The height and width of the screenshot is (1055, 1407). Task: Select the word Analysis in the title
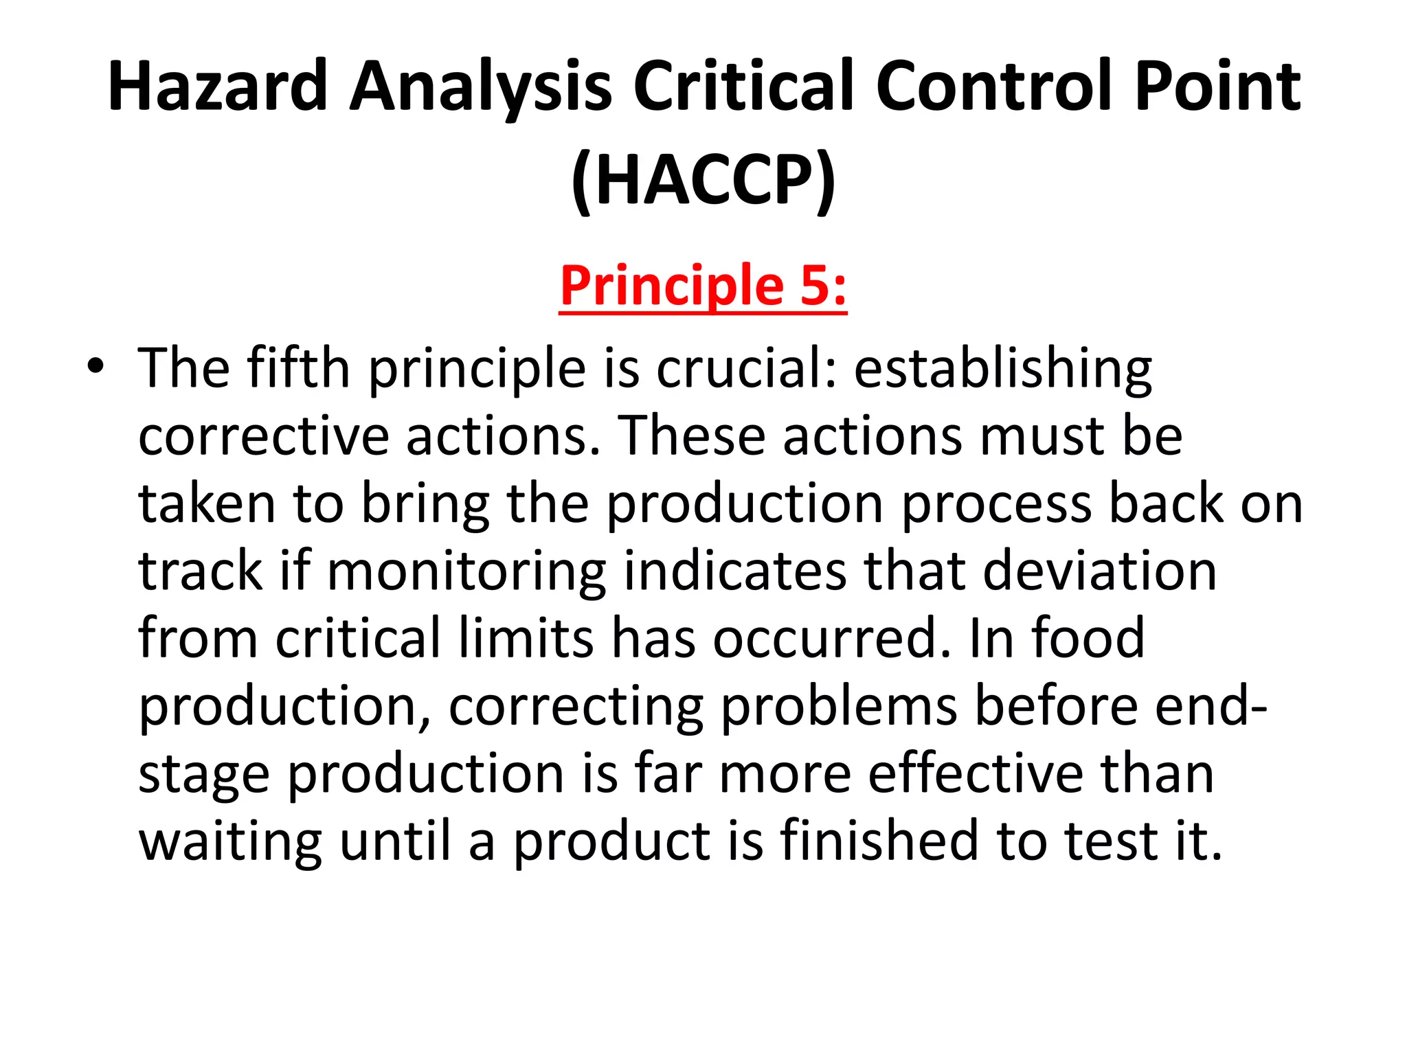[x=480, y=87]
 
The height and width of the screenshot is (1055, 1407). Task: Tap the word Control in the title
[x=995, y=87]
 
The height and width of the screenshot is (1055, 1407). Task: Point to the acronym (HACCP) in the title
[x=703, y=180]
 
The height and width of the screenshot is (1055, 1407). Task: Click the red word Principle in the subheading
[x=671, y=286]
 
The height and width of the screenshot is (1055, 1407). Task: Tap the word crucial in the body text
[x=747, y=369]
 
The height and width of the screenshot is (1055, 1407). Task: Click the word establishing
[x=1002, y=369]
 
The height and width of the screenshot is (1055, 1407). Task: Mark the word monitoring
[x=466, y=571]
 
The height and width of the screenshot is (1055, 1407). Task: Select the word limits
[x=526, y=639]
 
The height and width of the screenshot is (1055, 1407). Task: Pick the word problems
[x=838, y=706]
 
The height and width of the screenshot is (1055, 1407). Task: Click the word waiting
[x=230, y=841]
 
